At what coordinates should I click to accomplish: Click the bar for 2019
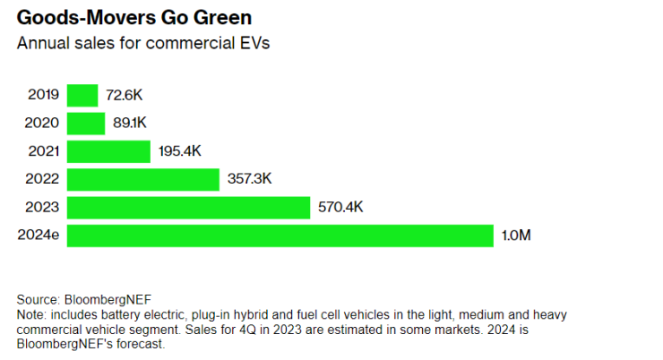82,95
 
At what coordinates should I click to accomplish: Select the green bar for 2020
86,123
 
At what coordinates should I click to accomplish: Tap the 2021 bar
108,151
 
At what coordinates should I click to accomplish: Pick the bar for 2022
143,179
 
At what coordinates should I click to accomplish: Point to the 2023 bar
188,208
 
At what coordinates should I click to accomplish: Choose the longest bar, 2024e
280,236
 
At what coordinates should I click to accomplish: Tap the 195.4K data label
181,151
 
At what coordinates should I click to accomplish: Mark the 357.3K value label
250,179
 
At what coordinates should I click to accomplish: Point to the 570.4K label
340,208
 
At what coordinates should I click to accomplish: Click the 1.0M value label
517,236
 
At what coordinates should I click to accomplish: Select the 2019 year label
44,95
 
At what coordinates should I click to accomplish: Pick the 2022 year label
44,179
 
